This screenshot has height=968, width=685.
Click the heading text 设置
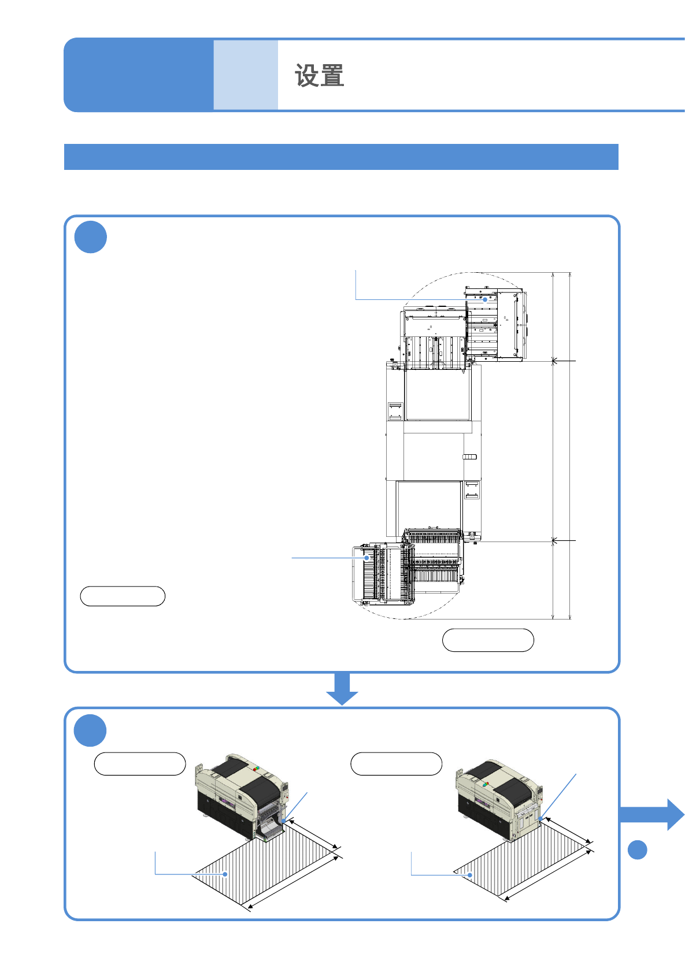[320, 76]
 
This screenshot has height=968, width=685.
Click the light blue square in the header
[246, 75]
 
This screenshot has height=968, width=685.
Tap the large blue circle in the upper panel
[91, 237]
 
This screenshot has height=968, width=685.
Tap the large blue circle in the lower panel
[90, 730]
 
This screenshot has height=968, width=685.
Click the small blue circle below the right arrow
[637, 850]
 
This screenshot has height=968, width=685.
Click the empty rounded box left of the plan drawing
[123, 596]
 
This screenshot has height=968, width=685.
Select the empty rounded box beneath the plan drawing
[488, 640]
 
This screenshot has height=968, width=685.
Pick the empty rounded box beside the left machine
[140, 763]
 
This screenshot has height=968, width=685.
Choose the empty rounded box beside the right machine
[397, 763]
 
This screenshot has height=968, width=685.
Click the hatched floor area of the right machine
[520, 861]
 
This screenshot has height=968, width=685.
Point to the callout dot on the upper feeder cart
[485, 299]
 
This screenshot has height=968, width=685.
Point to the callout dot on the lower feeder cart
[366, 558]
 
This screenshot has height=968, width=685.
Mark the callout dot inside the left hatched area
[225, 874]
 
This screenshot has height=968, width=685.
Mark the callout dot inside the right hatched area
[470, 875]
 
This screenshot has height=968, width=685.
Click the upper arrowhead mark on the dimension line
[553, 361]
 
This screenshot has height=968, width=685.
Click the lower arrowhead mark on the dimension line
[553, 541]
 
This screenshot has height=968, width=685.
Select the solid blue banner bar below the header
[341, 157]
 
